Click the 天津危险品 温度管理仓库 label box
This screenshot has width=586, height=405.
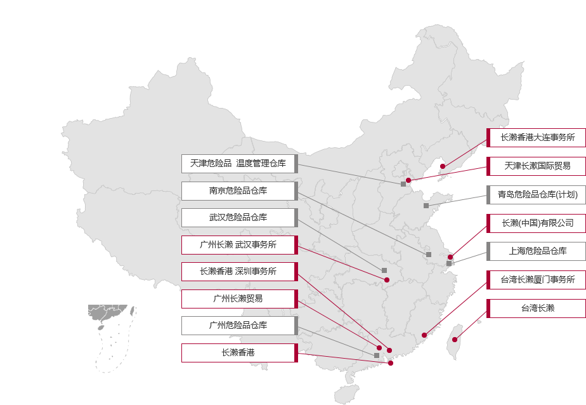pos(239,164)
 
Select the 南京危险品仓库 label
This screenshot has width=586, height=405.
pos(239,191)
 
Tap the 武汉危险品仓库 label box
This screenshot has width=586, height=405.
pos(239,218)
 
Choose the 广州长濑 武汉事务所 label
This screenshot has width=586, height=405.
pos(239,245)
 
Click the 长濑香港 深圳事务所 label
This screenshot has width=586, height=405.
pos(239,272)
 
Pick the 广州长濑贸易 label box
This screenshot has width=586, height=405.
pos(239,299)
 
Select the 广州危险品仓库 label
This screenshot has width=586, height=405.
pos(239,326)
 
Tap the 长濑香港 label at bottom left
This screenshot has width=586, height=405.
pos(239,353)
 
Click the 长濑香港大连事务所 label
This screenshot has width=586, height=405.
pos(537,138)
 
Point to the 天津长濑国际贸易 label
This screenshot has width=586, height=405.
pos(537,166)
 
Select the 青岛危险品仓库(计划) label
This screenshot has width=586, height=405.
pos(537,195)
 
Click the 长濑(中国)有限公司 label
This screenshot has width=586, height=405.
pos(537,223)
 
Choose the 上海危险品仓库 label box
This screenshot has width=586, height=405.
pos(537,251)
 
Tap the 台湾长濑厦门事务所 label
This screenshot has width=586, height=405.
pos(537,280)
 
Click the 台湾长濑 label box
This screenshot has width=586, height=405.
pos(537,309)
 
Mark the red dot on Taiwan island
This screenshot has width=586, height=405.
pos(455,340)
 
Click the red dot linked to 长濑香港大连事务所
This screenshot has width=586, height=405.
pos(443,166)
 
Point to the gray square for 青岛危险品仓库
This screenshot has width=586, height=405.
pos(426,206)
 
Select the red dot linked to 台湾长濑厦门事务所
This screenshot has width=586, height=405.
pos(424,335)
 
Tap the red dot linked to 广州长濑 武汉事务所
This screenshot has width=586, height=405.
pos(387,280)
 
